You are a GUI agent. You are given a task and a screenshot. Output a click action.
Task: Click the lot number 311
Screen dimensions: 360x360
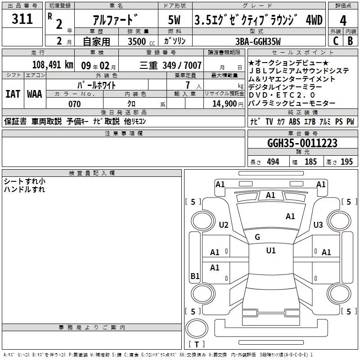22,19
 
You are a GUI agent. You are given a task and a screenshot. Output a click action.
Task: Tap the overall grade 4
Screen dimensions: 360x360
343,21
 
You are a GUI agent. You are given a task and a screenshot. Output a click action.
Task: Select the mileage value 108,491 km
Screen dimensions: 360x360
53,65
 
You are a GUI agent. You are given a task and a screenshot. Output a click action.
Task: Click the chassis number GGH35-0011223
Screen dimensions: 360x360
302,143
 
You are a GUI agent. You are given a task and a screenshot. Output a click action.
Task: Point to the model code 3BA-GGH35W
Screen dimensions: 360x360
258,41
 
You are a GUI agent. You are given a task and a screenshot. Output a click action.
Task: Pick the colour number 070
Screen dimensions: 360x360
75,104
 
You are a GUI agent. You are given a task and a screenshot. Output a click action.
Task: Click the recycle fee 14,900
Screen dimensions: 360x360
224,104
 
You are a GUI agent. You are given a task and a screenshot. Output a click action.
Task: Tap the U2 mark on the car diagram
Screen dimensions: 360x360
224,225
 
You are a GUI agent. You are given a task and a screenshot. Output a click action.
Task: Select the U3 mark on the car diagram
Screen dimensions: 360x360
318,225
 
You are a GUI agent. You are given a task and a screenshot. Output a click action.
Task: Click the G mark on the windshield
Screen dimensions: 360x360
257,237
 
